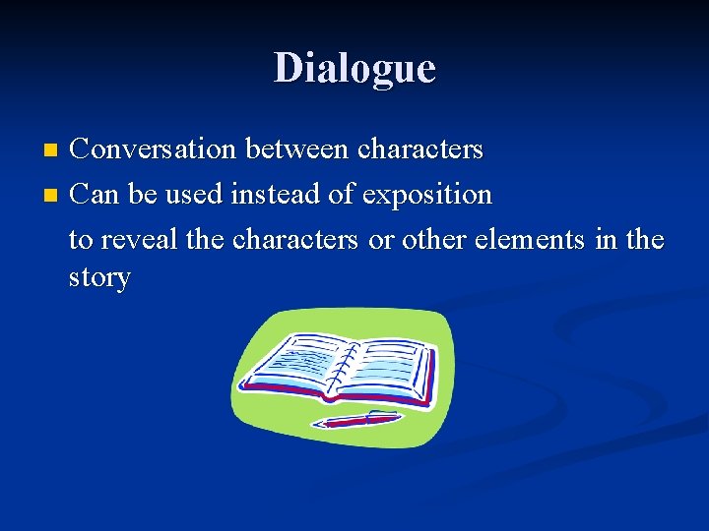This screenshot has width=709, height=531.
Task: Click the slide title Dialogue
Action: (x=354, y=68)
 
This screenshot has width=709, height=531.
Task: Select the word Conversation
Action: (x=154, y=149)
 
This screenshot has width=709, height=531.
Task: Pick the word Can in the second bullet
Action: (x=95, y=195)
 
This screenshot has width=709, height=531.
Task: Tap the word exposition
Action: (x=427, y=195)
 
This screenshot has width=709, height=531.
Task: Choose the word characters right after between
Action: (x=421, y=149)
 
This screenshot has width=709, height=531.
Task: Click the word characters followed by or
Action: (x=294, y=239)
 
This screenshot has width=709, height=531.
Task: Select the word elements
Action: (x=532, y=239)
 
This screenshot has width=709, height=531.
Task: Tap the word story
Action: (x=99, y=277)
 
